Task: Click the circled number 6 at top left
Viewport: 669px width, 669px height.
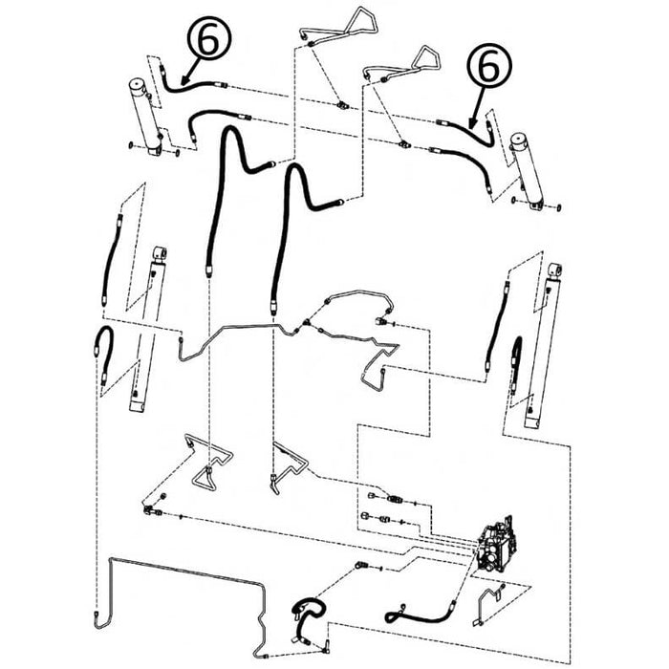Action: click(x=208, y=37)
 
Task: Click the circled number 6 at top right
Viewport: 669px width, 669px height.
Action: click(x=489, y=65)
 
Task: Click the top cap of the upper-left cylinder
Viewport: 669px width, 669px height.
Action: click(x=138, y=84)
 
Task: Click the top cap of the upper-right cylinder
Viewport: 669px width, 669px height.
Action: click(x=520, y=140)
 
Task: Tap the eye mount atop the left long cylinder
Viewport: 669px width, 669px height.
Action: click(x=160, y=253)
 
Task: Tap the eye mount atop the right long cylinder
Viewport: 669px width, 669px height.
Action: click(x=554, y=270)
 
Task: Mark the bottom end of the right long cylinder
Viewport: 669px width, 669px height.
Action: click(x=532, y=421)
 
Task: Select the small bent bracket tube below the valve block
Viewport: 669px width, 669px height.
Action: click(x=488, y=606)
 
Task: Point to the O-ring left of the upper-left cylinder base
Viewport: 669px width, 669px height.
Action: click(x=132, y=146)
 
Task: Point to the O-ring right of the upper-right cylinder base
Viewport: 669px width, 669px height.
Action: click(x=559, y=207)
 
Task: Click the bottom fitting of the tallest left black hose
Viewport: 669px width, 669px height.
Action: click(x=208, y=270)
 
